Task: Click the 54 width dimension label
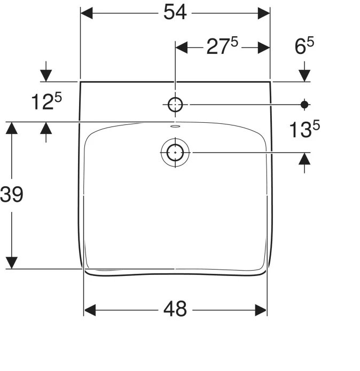175,12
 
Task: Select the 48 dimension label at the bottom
175,309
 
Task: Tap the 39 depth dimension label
12,195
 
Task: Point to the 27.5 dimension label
221,48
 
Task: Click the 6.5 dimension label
304,48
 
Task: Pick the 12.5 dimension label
46,101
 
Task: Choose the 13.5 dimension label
304,129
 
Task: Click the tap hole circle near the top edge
175,105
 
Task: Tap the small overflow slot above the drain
175,127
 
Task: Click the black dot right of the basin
304,105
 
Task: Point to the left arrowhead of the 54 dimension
87,13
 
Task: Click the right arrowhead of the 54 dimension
263,13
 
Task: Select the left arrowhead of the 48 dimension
90,310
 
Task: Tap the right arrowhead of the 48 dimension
261,310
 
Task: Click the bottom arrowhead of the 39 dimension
12,262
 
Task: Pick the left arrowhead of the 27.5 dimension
182,48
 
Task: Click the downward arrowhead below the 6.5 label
304,75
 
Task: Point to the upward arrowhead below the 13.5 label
304,159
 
